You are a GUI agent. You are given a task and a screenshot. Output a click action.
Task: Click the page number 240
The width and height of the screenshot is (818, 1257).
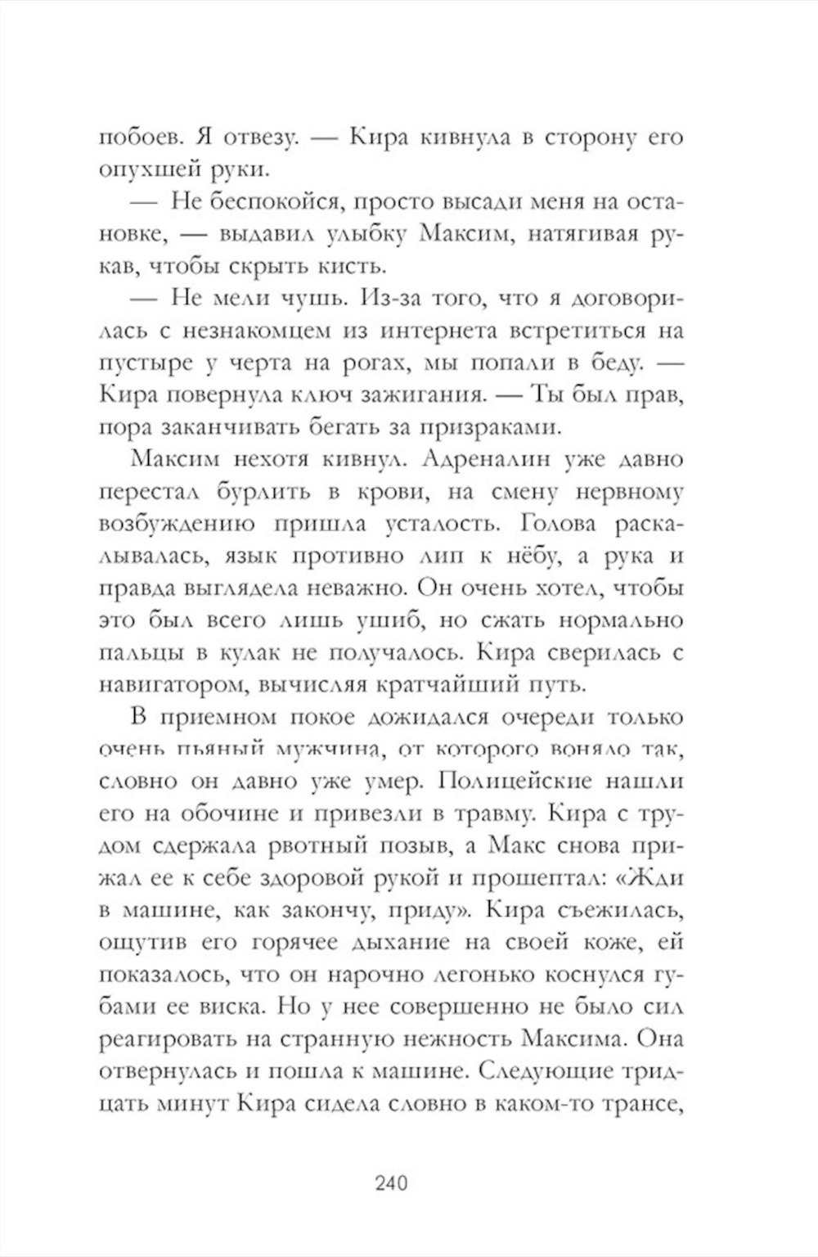tap(390, 1183)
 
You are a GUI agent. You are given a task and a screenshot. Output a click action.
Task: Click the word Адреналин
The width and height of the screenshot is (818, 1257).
tap(483, 459)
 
